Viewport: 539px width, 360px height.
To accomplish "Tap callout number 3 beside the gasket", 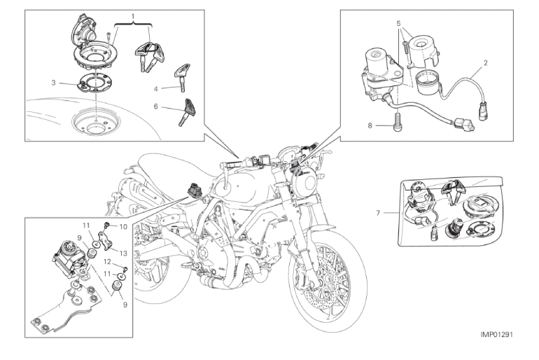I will pyautogui.click(x=53, y=83).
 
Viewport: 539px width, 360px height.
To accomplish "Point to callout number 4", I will pyautogui.click(x=156, y=88).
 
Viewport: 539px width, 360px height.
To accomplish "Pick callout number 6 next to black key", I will pyautogui.click(x=156, y=107).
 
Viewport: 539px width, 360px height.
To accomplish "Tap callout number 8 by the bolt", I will pyautogui.click(x=370, y=126).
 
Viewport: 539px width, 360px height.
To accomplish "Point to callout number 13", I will pyautogui.click(x=124, y=252).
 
